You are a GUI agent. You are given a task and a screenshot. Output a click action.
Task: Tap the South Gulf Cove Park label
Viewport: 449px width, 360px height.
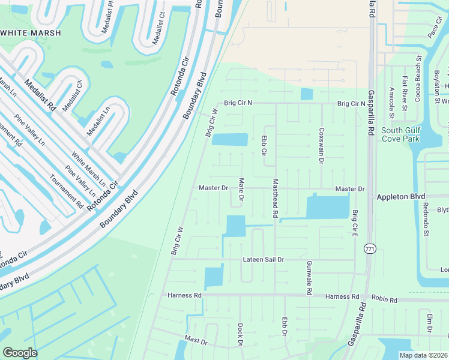(x=400, y=134)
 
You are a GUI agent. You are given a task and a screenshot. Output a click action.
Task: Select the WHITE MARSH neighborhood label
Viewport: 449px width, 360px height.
(x=31, y=33)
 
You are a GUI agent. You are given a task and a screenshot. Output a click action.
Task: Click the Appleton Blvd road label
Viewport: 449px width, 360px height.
(x=400, y=196)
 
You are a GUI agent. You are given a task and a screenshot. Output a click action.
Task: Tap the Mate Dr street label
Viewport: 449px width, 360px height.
(x=241, y=189)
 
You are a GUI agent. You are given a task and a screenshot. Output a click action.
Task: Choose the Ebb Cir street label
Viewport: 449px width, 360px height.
(x=263, y=145)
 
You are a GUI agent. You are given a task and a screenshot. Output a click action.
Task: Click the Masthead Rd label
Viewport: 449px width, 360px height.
(x=276, y=198)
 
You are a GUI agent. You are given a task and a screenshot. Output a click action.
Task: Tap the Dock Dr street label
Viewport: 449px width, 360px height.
(x=240, y=335)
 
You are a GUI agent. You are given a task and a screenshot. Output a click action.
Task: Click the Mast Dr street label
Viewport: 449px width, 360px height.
(x=196, y=340)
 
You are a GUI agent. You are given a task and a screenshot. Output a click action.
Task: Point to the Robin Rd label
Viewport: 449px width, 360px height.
(x=385, y=299)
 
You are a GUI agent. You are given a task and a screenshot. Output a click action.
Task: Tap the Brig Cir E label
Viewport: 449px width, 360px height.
(x=355, y=222)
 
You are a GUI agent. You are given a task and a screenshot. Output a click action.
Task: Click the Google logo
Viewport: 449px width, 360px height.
(x=20, y=352)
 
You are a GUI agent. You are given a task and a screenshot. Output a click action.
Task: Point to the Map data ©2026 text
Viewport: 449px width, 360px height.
(x=423, y=355)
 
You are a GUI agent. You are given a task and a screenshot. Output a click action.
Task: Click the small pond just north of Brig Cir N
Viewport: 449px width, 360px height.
(x=306, y=94)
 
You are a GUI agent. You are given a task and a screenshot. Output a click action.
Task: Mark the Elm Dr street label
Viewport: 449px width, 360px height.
(x=430, y=323)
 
